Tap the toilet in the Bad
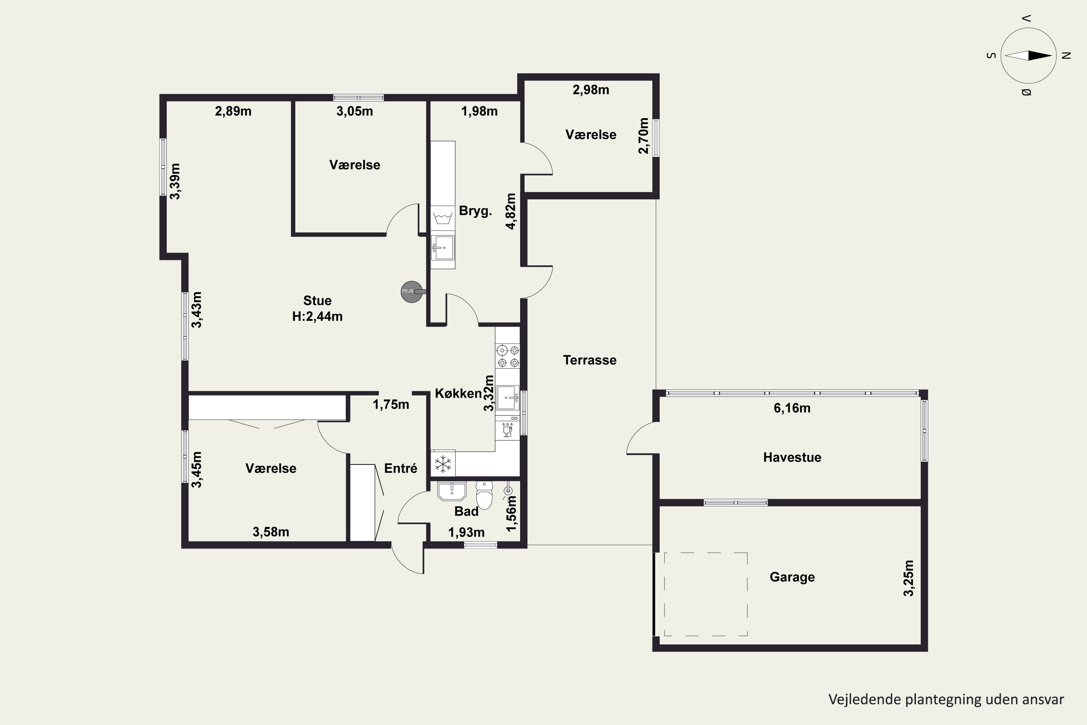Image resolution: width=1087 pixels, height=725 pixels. [484, 495]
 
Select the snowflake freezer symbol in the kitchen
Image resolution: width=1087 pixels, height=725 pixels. [443, 464]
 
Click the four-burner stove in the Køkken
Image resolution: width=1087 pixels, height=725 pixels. [508, 356]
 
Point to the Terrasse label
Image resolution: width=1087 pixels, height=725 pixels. [590, 360]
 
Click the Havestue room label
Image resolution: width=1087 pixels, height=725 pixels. [792, 457]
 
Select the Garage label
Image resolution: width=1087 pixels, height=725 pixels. [792, 577]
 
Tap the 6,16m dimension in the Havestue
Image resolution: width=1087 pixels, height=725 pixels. [792, 408]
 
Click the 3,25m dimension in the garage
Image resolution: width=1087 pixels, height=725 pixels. [909, 578]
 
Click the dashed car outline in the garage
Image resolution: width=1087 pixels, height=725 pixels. [706, 594]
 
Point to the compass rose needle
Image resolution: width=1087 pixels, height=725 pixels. [1028, 55]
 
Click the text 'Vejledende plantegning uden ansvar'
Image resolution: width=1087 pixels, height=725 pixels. [946, 699]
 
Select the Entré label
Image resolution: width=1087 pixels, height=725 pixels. [401, 468]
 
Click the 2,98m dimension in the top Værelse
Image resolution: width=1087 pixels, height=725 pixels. [591, 90]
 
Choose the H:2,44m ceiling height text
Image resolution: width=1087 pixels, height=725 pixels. [317, 316]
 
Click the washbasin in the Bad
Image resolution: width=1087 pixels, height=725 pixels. [451, 491]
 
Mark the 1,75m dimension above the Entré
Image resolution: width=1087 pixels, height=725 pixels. [391, 405]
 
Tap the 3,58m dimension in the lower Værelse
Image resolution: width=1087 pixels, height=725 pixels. [271, 532]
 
